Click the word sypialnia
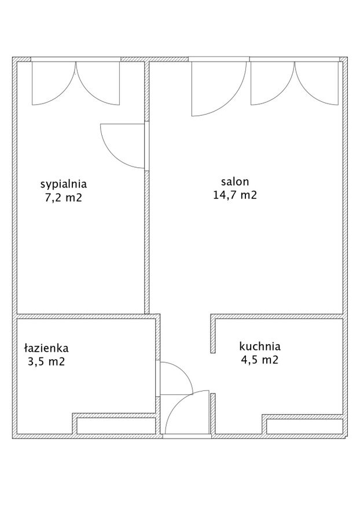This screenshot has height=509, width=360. point(64,185)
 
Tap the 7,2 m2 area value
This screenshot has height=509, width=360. point(64,197)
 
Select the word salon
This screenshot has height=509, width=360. point(235,182)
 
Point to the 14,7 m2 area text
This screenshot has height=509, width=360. point(235,194)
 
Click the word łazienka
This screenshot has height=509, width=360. point(46,348)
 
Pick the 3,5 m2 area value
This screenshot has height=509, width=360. point(46,362)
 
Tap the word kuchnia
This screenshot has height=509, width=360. point(260,346)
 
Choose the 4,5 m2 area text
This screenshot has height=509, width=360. point(260,360)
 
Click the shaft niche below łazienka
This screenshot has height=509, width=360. point(116,426)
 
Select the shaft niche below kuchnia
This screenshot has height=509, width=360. point(305,426)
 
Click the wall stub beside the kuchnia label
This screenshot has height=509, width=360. point(213,334)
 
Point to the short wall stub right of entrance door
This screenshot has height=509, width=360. point(213,414)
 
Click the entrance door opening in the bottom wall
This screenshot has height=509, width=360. point(187,436)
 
